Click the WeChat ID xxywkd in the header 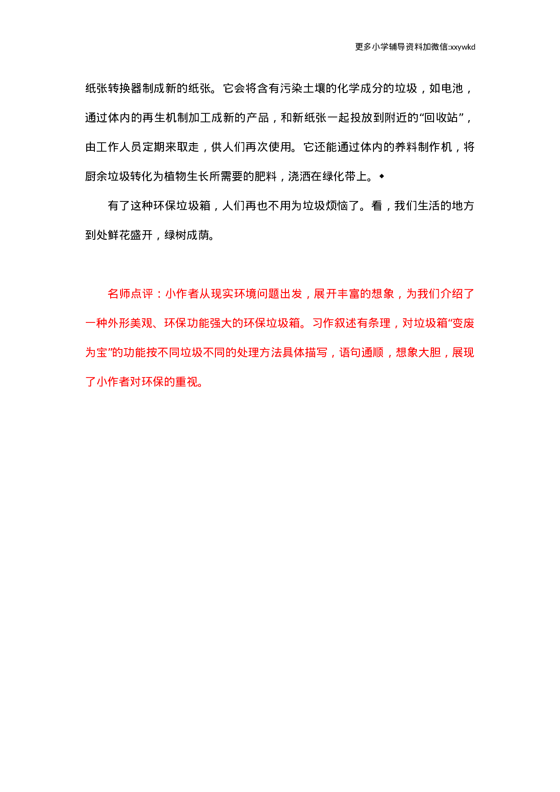click(x=462, y=47)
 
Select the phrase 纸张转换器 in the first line click(x=113, y=88)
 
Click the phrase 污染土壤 click(x=302, y=88)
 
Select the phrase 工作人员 click(x=119, y=147)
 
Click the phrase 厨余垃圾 click(x=108, y=177)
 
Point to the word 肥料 click(x=266, y=177)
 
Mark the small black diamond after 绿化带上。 click(x=382, y=176)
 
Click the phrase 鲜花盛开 click(x=131, y=235)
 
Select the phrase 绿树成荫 click(x=187, y=235)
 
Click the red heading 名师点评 click(x=131, y=294)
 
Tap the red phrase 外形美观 click(x=131, y=323)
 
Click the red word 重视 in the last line click(x=187, y=382)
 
